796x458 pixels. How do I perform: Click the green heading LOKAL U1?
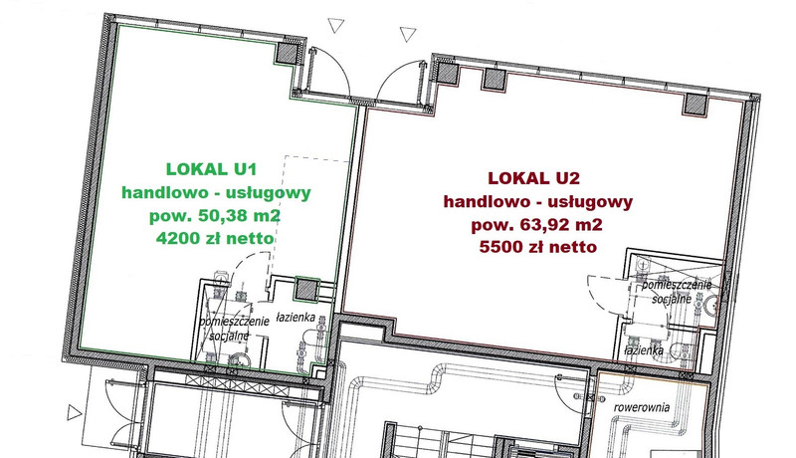point(212,169)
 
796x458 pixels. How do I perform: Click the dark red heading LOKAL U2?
point(533,178)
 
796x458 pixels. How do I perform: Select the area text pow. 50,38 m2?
point(215,216)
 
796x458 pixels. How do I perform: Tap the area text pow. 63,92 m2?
point(536,224)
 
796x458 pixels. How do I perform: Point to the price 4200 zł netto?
point(215,238)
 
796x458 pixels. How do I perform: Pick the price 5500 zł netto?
point(537,247)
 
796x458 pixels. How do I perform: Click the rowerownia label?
point(641,407)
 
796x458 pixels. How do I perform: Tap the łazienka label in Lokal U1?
point(296,318)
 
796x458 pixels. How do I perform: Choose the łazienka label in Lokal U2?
point(644,350)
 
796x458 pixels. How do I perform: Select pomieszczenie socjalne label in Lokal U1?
point(234,329)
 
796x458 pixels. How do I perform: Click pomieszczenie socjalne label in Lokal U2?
point(677,292)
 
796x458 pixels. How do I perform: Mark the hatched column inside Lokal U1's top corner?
point(288,53)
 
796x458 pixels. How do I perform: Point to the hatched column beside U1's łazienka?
point(306,290)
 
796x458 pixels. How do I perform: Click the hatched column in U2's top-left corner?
point(448,72)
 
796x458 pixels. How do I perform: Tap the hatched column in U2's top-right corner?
point(695,104)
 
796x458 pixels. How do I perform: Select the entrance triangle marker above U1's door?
point(335,25)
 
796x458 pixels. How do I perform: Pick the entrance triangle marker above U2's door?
point(408,34)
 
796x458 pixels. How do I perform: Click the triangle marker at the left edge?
point(74,412)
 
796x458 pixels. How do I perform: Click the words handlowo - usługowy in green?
point(216,193)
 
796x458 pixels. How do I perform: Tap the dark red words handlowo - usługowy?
point(538,201)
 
